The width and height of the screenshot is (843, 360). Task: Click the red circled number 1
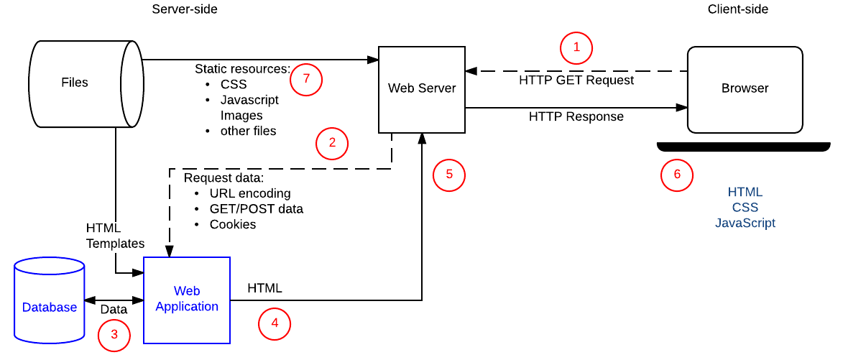(576, 48)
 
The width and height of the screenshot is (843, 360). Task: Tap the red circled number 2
(332, 143)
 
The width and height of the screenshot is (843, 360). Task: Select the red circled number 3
(114, 335)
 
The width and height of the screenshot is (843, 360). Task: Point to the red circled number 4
(274, 324)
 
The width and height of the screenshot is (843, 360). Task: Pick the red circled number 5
(449, 175)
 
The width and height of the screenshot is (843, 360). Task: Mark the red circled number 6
(677, 175)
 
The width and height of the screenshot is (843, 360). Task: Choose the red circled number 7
(306, 79)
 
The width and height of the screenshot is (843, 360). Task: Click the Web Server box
(421, 89)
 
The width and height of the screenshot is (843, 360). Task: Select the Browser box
(745, 89)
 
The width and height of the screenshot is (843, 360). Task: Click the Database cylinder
(49, 308)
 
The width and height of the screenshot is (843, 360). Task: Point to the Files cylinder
(75, 83)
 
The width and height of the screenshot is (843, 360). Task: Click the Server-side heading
(185, 9)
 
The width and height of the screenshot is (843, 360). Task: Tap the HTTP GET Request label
(576, 80)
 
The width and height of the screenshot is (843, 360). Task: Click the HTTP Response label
(576, 116)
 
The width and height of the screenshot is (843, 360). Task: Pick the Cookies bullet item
(233, 224)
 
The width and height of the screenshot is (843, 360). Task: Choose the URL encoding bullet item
(250, 193)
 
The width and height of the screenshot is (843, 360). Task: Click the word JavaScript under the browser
(745, 223)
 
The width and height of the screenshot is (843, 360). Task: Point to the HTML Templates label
(115, 236)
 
